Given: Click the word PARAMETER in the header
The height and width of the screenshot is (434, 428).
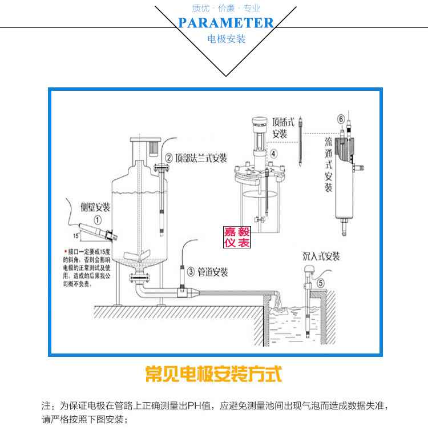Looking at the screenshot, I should tap(226, 23).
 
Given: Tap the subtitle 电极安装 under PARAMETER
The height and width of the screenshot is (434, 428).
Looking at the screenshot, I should tap(226, 39).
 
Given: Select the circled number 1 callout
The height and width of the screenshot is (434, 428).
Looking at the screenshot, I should tap(98, 219).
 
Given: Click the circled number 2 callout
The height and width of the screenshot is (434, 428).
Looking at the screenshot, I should tap(169, 158).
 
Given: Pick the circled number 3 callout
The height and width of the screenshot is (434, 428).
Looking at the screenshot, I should tap(190, 271).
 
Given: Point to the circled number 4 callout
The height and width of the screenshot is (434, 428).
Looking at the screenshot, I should tap(273, 153).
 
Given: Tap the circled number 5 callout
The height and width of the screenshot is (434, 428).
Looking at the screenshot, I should tap(320, 283).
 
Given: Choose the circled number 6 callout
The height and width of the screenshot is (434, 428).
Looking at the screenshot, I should tap(341, 119).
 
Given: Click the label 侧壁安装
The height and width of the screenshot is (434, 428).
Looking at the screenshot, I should tap(95, 207).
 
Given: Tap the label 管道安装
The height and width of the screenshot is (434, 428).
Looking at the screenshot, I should tap(213, 272).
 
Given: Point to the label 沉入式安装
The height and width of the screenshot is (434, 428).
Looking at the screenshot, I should tap(321, 256).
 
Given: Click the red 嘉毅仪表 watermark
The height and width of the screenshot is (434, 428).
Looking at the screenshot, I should tap(237, 237).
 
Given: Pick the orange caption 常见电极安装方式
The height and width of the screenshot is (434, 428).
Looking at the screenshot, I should tap(214, 375).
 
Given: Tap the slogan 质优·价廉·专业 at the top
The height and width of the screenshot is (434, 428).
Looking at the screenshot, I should tap(226, 8).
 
